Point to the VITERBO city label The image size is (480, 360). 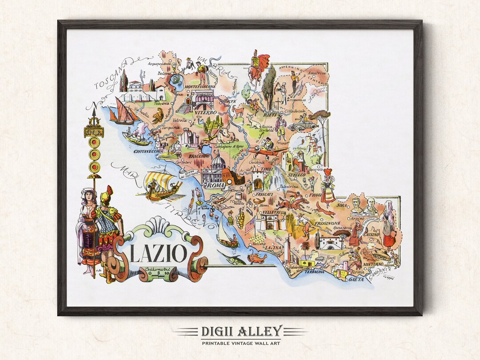pos(205,113)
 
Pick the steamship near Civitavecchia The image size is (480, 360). pos(136,137)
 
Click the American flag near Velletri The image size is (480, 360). pos(250,226)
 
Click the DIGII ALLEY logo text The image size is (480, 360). pos(240,331)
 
